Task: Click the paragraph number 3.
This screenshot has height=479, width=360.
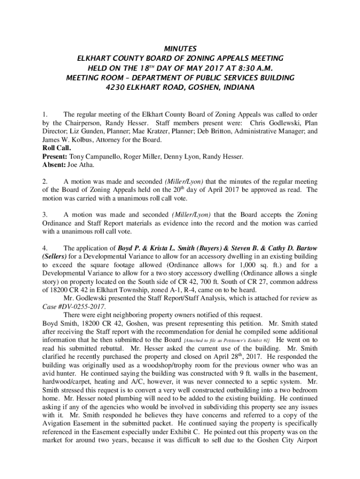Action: [44, 215]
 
